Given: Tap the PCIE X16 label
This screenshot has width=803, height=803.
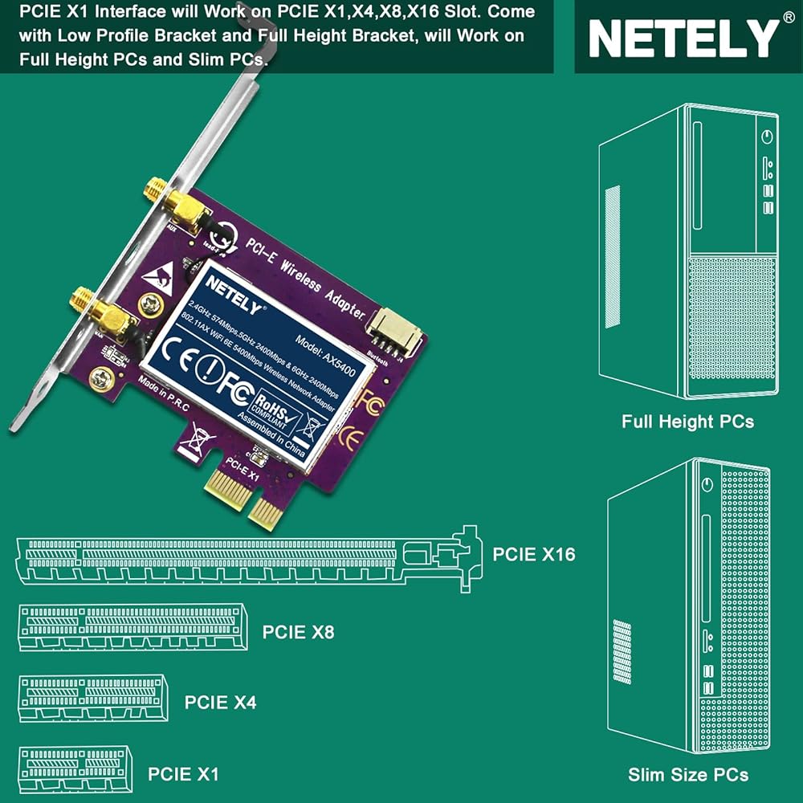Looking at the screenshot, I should (x=534, y=553).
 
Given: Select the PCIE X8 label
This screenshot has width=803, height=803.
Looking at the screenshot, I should (x=298, y=632).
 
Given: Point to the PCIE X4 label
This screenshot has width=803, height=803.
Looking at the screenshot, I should (x=221, y=702).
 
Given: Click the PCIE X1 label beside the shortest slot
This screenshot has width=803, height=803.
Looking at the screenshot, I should (x=183, y=774).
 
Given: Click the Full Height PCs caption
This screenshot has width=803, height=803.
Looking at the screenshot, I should (x=687, y=421).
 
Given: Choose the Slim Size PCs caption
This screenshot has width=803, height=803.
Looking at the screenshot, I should (x=688, y=774).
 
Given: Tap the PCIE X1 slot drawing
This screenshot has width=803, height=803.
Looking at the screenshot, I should (x=74, y=768).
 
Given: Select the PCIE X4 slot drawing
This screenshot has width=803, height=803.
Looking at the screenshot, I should (x=93, y=697).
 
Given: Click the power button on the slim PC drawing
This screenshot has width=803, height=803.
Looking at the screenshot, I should (x=707, y=485).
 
